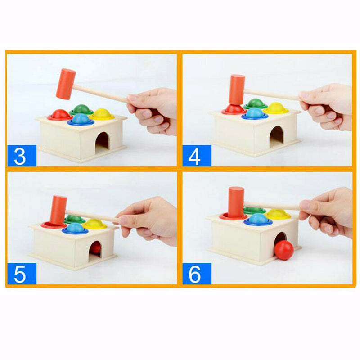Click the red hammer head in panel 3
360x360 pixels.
(66, 84)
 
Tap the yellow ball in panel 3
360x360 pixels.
(102, 113)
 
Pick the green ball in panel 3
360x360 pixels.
(81, 109)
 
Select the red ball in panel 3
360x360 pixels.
(60, 115)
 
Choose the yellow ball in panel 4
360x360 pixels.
(276, 108)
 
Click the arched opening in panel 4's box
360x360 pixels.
(276, 136)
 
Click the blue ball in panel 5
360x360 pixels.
(75, 228)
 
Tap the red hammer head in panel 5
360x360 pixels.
(58, 209)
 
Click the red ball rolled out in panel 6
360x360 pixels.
(284, 250)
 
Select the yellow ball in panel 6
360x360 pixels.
(278, 213)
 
